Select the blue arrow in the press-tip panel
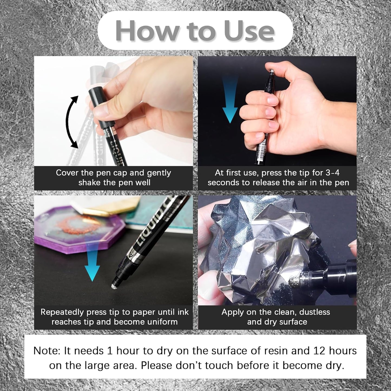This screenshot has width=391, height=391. [230, 99]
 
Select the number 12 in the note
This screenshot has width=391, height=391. [319, 351]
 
